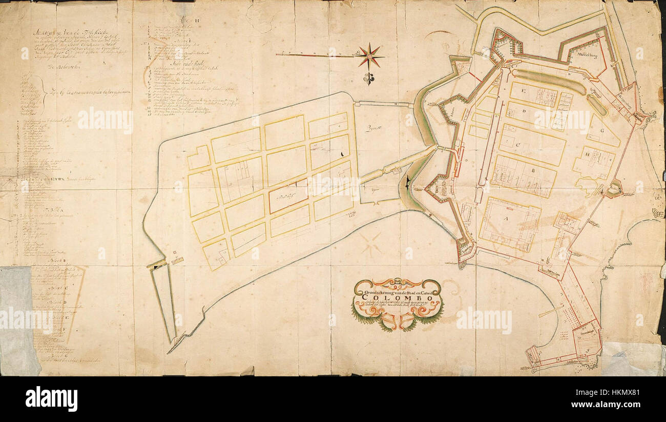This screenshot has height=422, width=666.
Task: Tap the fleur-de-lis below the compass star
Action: (x=369, y=78)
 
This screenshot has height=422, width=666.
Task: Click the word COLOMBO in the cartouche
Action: (x=397, y=299)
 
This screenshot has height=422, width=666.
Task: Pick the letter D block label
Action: (x=524, y=111)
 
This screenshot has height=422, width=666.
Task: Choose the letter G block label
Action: (x=602, y=131)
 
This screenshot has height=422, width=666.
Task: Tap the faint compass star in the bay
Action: (x=370, y=244)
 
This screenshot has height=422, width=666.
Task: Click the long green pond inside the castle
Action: (x=548, y=82)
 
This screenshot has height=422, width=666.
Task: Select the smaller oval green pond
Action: (x=597, y=105)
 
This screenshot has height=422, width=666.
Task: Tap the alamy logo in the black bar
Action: (x=51, y=398)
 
